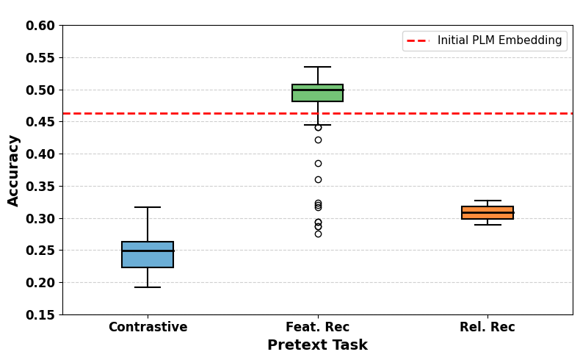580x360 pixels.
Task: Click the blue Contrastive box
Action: tap(148, 254)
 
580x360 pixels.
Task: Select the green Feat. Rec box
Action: tap(317, 93)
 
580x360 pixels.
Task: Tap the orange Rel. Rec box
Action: tap(487, 213)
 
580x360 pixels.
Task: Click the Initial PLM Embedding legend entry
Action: tap(485, 40)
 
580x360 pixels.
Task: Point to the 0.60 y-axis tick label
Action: tap(40, 26)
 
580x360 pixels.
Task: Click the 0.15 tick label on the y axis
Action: tap(40, 315)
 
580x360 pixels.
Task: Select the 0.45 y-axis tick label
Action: tap(40, 122)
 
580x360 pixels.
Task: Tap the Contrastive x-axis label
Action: tap(148, 327)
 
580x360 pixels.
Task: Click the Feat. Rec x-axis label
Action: tap(317, 327)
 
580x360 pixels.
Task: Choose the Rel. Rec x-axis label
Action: tap(487, 327)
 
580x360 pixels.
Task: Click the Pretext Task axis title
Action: tap(317, 345)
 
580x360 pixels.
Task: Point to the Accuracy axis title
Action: tap(13, 170)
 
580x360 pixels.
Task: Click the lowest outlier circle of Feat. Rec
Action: tap(318, 234)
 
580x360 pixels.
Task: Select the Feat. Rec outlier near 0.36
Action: tap(318, 180)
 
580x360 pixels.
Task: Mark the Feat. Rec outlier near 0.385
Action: tap(318, 164)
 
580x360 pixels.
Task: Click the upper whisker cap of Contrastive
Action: tap(148, 207)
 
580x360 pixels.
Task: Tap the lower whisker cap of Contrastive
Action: tap(148, 287)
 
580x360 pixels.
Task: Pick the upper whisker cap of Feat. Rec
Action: tap(317, 67)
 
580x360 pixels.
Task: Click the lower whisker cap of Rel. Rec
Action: tap(487, 225)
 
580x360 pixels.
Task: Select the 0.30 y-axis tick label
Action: tap(40, 219)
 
